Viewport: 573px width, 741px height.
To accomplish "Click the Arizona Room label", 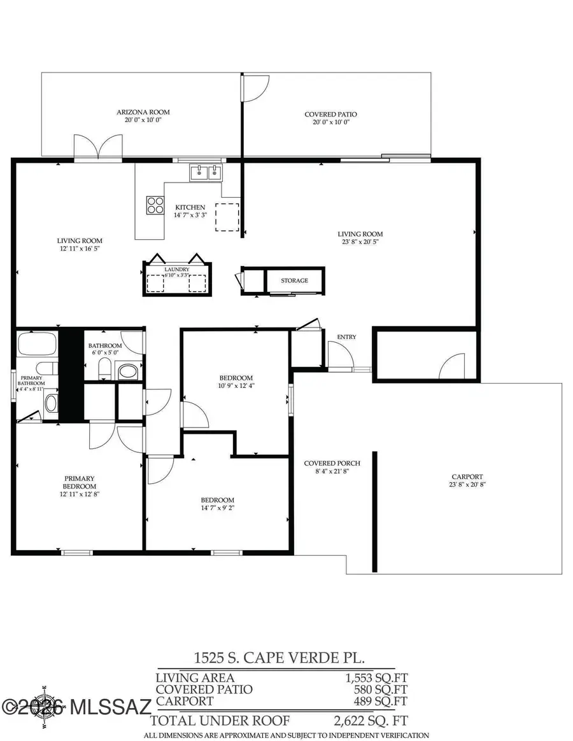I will pos(143,113).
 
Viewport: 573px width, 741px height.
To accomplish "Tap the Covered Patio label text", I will pos(330,114).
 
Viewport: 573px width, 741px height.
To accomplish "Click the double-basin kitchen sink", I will pos(206,172).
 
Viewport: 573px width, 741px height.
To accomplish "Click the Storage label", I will pos(295,280).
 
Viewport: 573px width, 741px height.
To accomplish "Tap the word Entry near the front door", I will pos(346,337).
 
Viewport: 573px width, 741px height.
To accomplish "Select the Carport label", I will pos(467,476).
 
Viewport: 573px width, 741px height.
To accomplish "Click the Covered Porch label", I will pos(327,463).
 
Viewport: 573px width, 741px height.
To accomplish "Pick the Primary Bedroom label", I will pos(80,479).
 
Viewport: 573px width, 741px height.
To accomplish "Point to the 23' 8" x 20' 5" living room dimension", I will pos(360,242).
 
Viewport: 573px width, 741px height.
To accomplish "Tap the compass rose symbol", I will pos(46,705).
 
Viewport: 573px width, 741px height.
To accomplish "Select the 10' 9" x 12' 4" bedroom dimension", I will pos(236,385).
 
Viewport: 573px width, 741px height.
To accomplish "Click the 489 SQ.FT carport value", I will pos(381,701).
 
